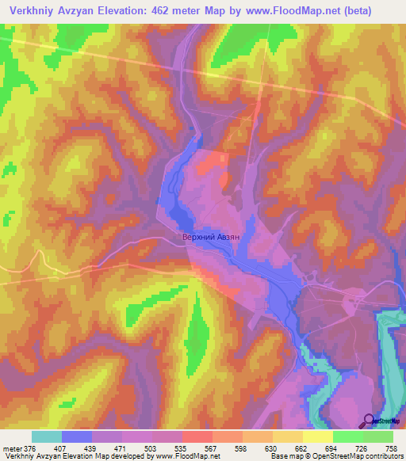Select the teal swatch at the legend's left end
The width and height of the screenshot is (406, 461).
pyautogui.click(x=47, y=436)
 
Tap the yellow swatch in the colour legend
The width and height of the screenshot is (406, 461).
pyautogui.click(x=318, y=436)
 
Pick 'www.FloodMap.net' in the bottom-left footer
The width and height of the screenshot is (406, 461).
pyautogui.click(x=187, y=457)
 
